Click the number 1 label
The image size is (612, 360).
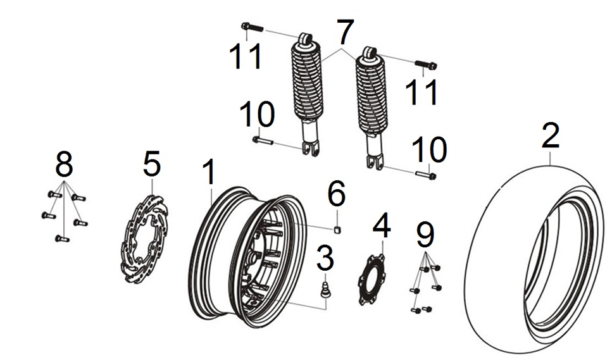(209, 173)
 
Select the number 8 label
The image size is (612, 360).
(64, 165)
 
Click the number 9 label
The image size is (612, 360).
(426, 236)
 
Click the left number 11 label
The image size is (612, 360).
(246, 56)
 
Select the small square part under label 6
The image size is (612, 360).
(339, 228)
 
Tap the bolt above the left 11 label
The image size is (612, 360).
(251, 27)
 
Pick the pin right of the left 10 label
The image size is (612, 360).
(263, 140)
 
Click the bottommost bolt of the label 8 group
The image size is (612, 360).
(61, 239)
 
